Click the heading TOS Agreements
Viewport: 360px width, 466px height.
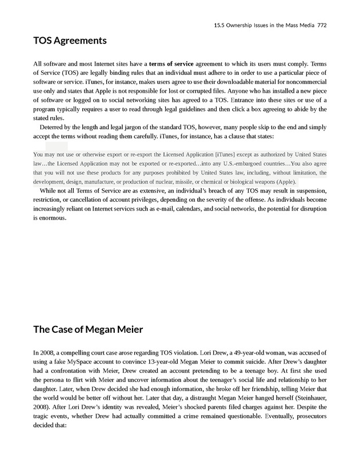[x=70, y=41]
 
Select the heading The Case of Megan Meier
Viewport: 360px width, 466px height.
[x=87, y=329]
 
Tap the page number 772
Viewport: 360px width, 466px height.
[x=322, y=26]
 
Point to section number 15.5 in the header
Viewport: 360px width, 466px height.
[x=219, y=26]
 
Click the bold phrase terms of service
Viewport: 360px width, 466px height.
[x=171, y=63]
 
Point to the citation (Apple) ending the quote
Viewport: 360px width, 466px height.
[x=284, y=181]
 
